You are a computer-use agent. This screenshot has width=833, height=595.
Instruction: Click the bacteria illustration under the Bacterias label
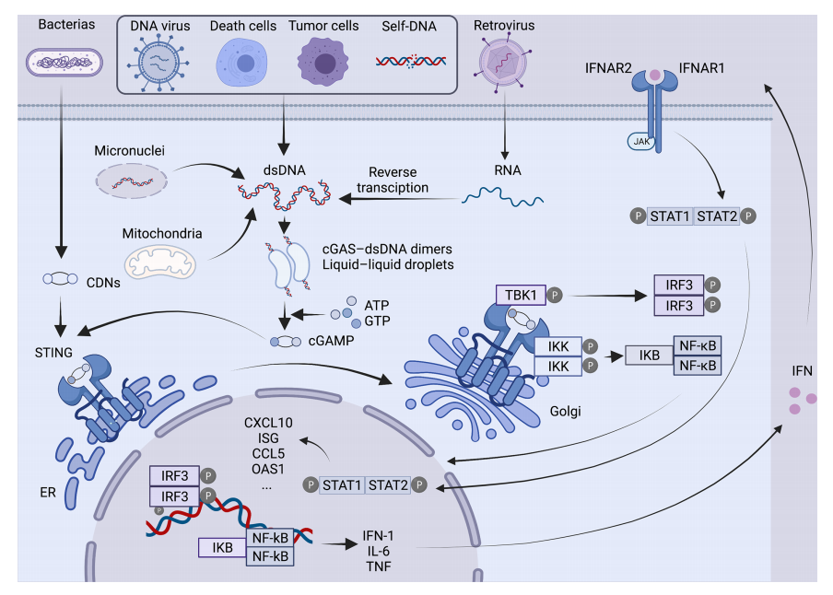[x=64, y=63]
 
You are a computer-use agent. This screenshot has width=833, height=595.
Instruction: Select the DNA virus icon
[x=160, y=63]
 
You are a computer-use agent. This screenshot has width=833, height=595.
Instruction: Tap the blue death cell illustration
[x=242, y=63]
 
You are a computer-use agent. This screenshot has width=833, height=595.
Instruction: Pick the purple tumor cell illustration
[x=324, y=62]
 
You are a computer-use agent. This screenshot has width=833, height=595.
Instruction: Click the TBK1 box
[x=520, y=295]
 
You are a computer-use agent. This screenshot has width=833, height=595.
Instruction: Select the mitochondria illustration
[x=162, y=262]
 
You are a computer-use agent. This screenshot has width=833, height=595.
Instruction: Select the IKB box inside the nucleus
[x=221, y=548]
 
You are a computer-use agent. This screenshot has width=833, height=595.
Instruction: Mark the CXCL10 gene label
[x=268, y=423]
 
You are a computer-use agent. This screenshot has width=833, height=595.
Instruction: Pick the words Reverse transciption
[x=398, y=180]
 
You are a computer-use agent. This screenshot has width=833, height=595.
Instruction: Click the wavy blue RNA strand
[x=502, y=194]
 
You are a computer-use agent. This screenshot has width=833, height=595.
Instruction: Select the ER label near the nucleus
[x=48, y=492]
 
